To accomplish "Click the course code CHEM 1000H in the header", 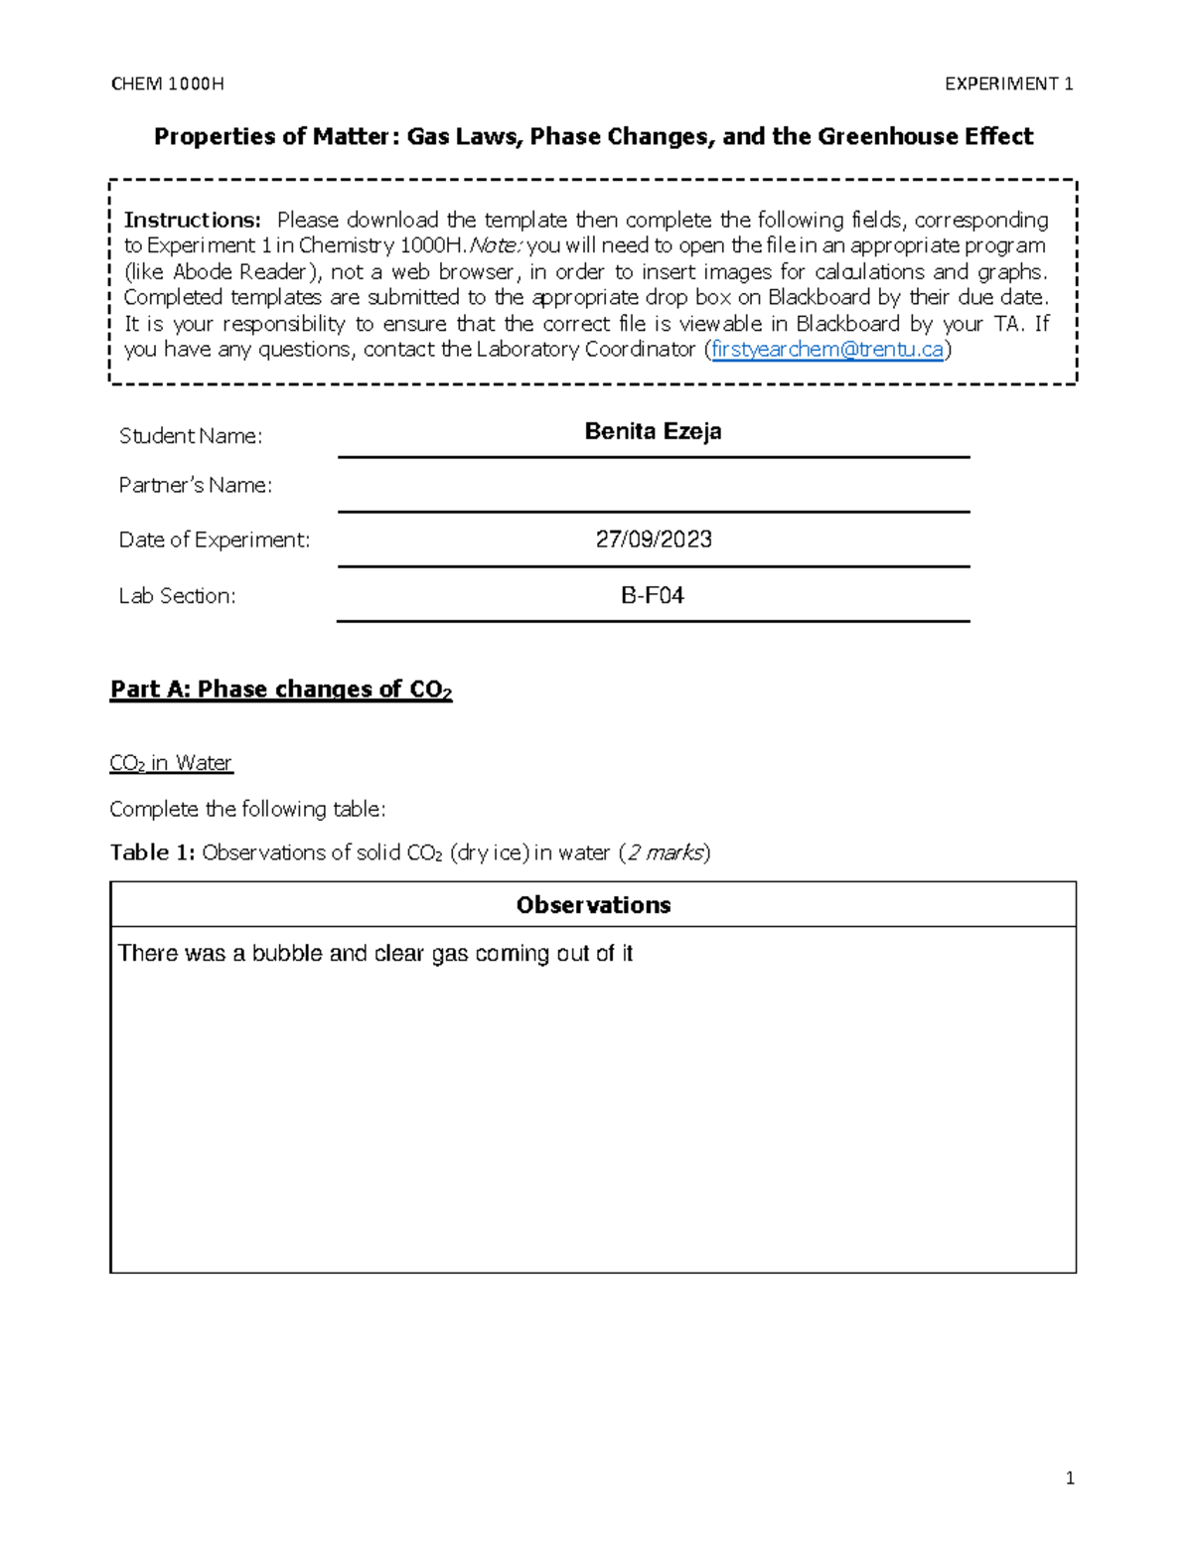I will (x=167, y=84).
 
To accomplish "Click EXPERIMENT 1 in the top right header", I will (x=1008, y=84).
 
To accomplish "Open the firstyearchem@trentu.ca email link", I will (x=827, y=349).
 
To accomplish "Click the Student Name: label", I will (x=191, y=436).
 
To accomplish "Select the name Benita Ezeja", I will (x=653, y=431).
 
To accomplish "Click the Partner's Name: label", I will (x=196, y=485).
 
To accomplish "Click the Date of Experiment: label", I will (x=215, y=540).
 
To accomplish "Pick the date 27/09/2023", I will (x=653, y=540).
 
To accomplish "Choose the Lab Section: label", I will (x=178, y=595).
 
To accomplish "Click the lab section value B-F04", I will (x=653, y=595).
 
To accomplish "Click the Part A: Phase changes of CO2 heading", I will (x=281, y=690).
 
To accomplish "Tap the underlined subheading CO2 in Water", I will (x=171, y=763).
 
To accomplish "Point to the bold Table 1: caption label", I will (x=152, y=852).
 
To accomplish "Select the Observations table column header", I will (x=593, y=905).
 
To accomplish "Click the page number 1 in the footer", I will (x=1069, y=1478).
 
